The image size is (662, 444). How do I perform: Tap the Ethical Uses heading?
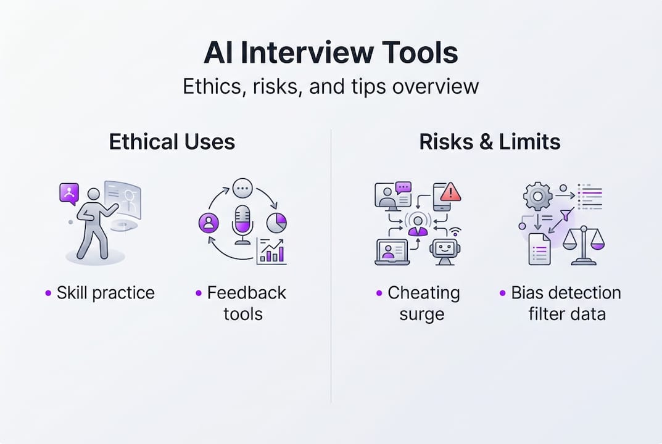click(172, 142)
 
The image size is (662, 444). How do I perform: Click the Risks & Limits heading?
click(490, 142)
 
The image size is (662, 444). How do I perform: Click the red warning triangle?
click(451, 192)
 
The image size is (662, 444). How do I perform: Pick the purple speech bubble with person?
click(69, 194)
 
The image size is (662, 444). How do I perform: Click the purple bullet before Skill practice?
click(49, 293)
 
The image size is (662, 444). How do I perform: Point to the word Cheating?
click(423, 292)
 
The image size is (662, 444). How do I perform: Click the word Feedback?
click(246, 292)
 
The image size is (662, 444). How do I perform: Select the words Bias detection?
click(566, 292)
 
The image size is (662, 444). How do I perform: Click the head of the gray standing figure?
click(94, 195)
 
